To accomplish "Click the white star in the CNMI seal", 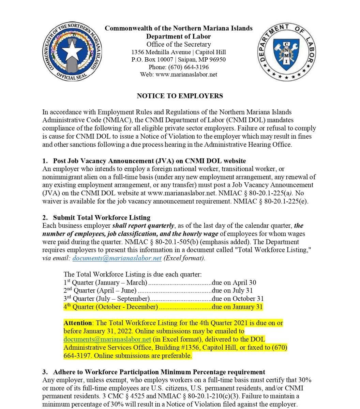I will click(72, 52).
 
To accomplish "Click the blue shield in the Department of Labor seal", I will click(286, 54).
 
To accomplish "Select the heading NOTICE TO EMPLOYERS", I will click(180, 96).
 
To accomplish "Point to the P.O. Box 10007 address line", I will click(178, 60).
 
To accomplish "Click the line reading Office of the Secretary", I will click(179, 45).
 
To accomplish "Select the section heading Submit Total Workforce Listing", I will click(102, 217).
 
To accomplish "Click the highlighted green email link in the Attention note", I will click(107, 339).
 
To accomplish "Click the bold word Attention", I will click(78, 323).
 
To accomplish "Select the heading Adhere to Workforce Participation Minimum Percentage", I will click(159, 372).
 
